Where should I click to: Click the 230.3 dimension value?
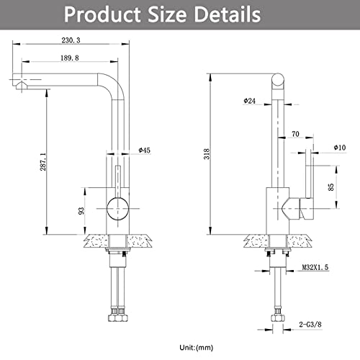[x=71, y=40]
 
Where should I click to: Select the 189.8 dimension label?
[x=70, y=58]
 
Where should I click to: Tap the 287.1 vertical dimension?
[x=43, y=162]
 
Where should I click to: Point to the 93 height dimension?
[x=81, y=211]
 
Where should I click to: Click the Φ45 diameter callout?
[x=145, y=150]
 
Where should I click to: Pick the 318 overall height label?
[x=207, y=154]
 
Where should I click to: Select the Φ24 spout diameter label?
[x=250, y=101]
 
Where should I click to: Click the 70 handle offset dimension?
[x=295, y=134]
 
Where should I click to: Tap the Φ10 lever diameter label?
[x=340, y=148]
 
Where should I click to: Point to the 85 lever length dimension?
[x=330, y=186]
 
